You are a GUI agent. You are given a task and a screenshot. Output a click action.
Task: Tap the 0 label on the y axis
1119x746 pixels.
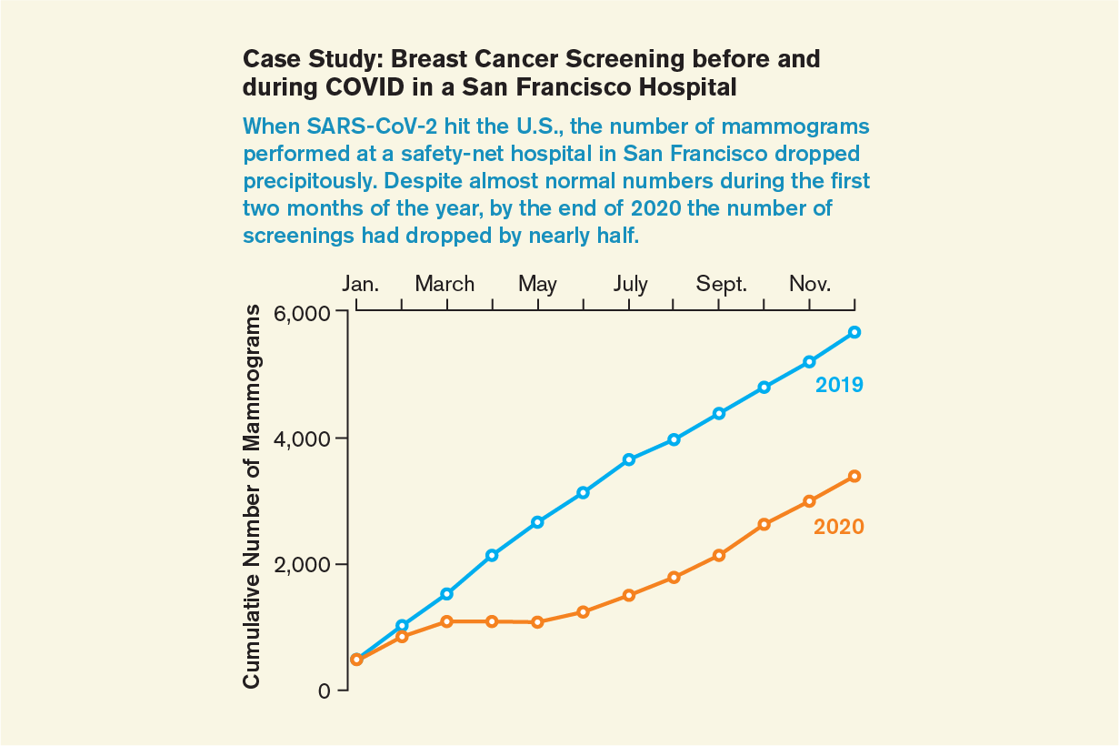coord(325,691)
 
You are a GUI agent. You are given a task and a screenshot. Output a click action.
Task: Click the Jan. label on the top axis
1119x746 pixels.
coord(360,284)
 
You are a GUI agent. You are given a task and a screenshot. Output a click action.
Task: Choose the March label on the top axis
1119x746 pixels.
coord(445,284)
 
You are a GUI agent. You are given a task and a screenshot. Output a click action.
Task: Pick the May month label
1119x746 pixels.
coord(537,284)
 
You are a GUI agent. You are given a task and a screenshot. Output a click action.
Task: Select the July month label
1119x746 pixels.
coord(630,284)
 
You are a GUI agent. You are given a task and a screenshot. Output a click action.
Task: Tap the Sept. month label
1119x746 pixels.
coord(722,284)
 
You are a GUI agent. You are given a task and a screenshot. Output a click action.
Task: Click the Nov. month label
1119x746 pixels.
coord(810,284)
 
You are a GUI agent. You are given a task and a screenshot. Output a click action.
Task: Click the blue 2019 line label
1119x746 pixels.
coord(838,385)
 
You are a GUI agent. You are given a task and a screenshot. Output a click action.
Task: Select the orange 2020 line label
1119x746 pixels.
coord(838,527)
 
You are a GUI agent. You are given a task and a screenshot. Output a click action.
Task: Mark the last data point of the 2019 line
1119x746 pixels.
coord(854,332)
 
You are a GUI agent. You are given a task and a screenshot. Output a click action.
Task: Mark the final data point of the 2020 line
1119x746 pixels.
coord(854,476)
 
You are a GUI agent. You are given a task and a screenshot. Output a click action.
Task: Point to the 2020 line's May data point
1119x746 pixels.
coord(537,622)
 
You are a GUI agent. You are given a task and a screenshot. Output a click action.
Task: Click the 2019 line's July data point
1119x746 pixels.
coord(628,459)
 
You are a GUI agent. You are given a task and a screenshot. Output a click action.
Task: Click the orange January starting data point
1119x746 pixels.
coord(356,660)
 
